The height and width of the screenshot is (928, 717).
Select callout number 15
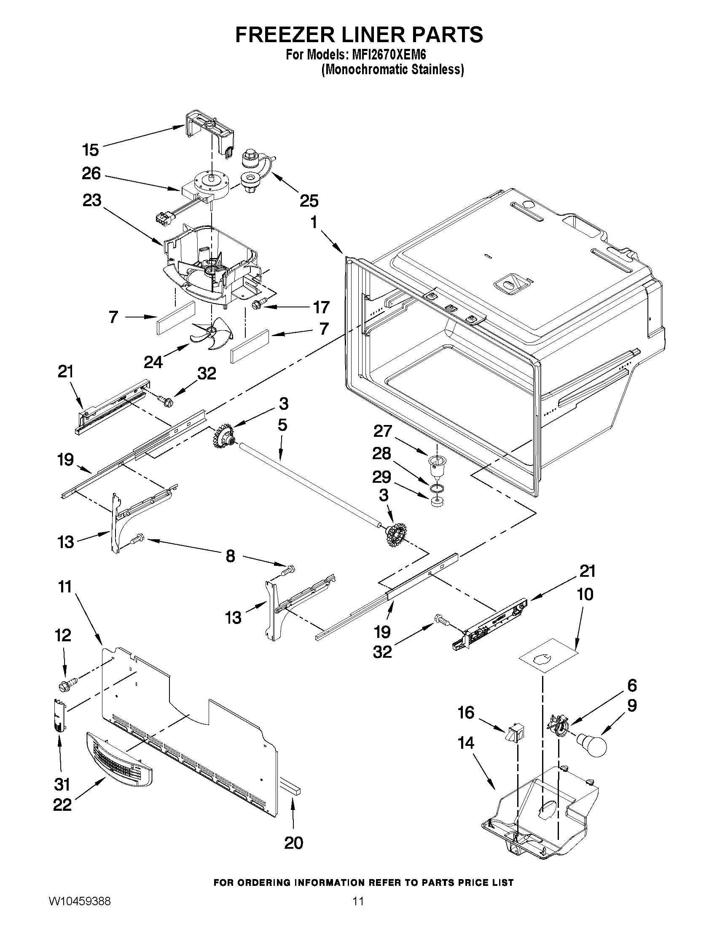91,150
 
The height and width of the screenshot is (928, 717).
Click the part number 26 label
91,173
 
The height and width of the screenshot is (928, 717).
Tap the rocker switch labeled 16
515,732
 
